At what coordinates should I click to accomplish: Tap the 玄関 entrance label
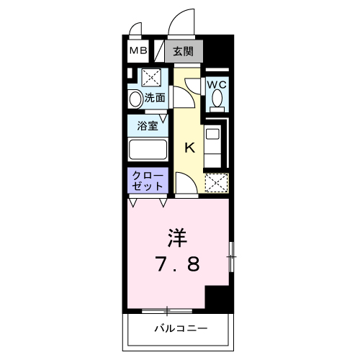[x=184, y=51]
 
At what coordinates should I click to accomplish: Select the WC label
[x=217, y=84]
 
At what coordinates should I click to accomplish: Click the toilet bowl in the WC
[x=217, y=101]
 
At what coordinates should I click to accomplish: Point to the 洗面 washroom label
[x=155, y=97]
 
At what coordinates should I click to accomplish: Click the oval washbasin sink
[x=135, y=98]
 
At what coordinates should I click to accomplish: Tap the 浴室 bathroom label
[x=148, y=125]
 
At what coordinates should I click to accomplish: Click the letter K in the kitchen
[x=189, y=148]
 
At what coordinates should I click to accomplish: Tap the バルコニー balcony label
[x=180, y=329]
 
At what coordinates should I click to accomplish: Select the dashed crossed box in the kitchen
[x=216, y=183]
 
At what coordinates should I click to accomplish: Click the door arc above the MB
[x=135, y=30]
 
